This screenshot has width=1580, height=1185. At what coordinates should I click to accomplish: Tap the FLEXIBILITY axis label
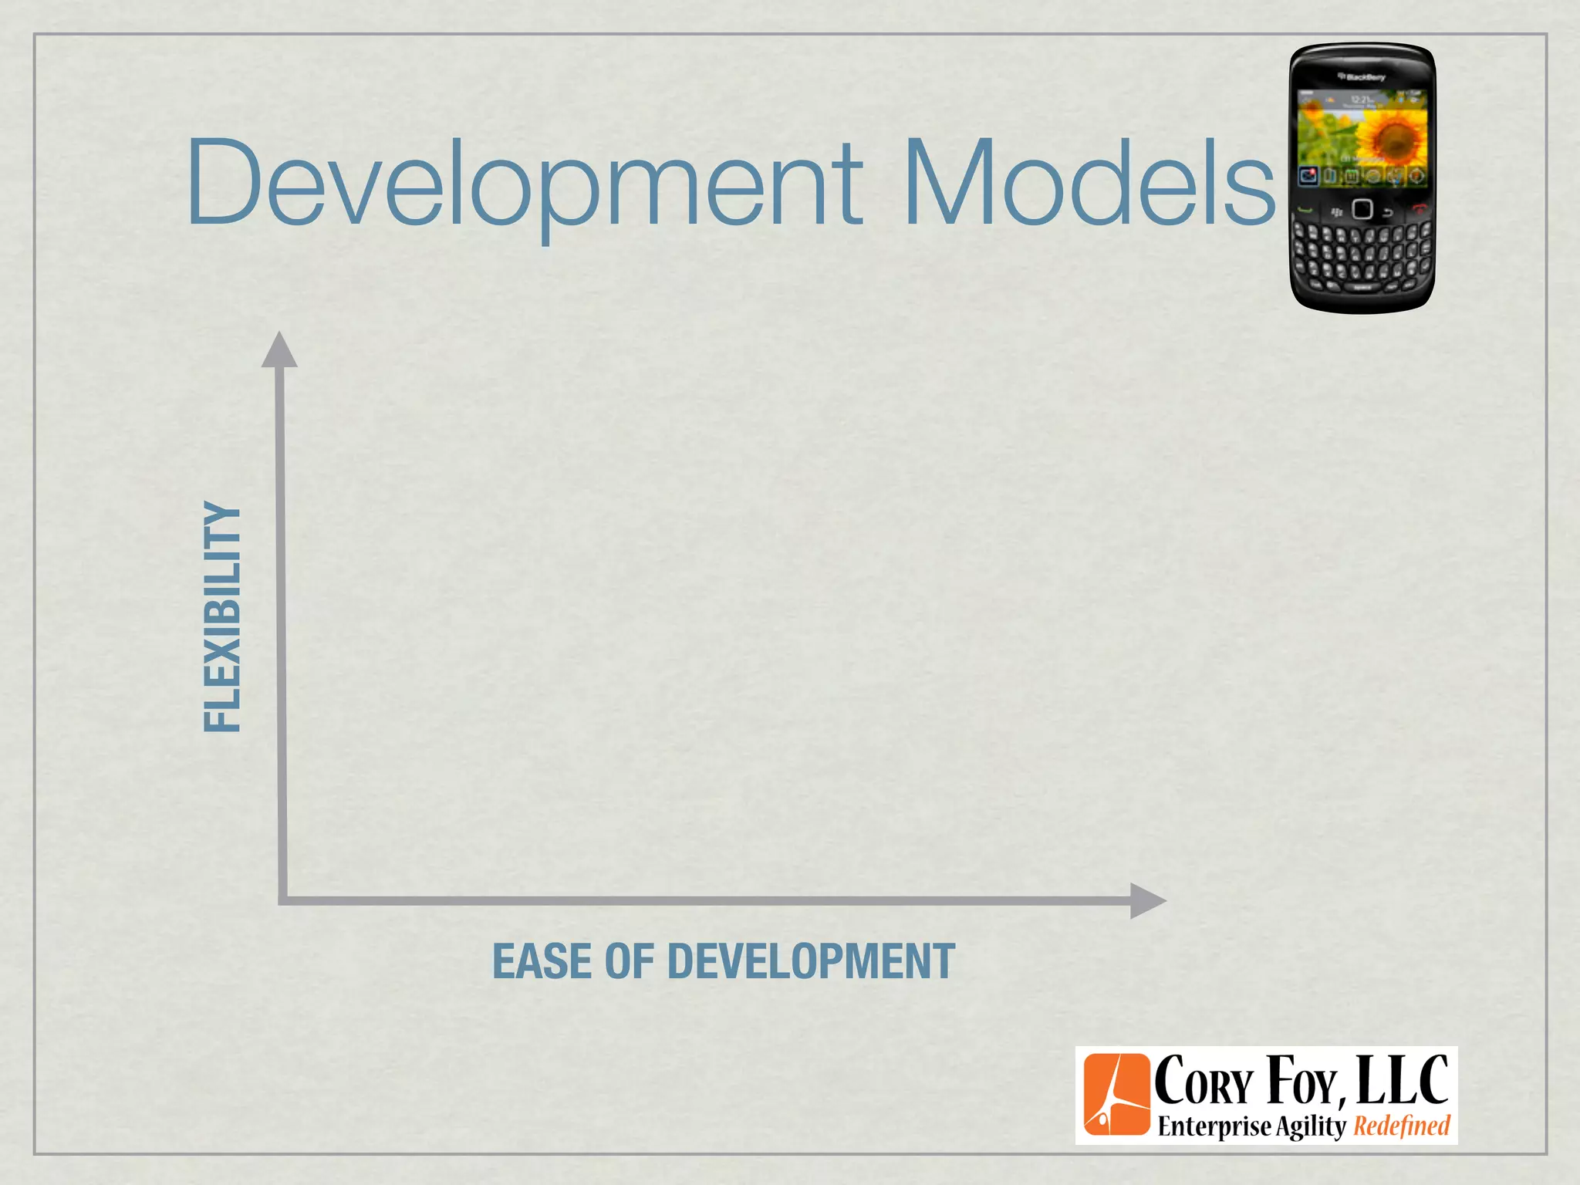click(222, 616)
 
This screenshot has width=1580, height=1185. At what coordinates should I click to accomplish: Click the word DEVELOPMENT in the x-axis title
click(811, 962)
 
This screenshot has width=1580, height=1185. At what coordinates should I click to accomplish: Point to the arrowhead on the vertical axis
click(279, 351)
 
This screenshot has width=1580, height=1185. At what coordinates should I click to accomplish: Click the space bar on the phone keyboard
click(1362, 288)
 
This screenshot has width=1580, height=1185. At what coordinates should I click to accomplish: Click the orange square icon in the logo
click(1116, 1095)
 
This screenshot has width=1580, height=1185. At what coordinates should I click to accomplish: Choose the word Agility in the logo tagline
click(1310, 1127)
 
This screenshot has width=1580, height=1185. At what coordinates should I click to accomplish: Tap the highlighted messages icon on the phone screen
click(1308, 176)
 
